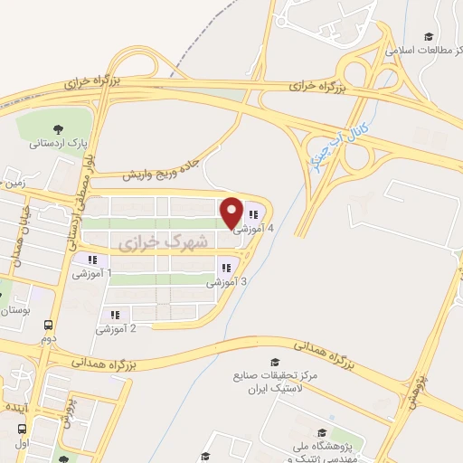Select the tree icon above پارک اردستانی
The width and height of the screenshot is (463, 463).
pyautogui.click(x=59, y=128)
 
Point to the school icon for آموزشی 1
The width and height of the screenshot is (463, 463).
pyautogui.click(x=91, y=260)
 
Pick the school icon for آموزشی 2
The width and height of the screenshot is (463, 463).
pyautogui.click(x=115, y=315)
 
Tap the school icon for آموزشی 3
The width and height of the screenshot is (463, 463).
pyautogui.click(x=223, y=267)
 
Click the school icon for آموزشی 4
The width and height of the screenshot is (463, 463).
pyautogui.click(x=253, y=215)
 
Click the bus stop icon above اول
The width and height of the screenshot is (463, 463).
pyautogui.click(x=22, y=430)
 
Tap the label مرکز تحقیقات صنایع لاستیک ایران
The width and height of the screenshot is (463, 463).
pyautogui.click(x=263, y=382)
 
